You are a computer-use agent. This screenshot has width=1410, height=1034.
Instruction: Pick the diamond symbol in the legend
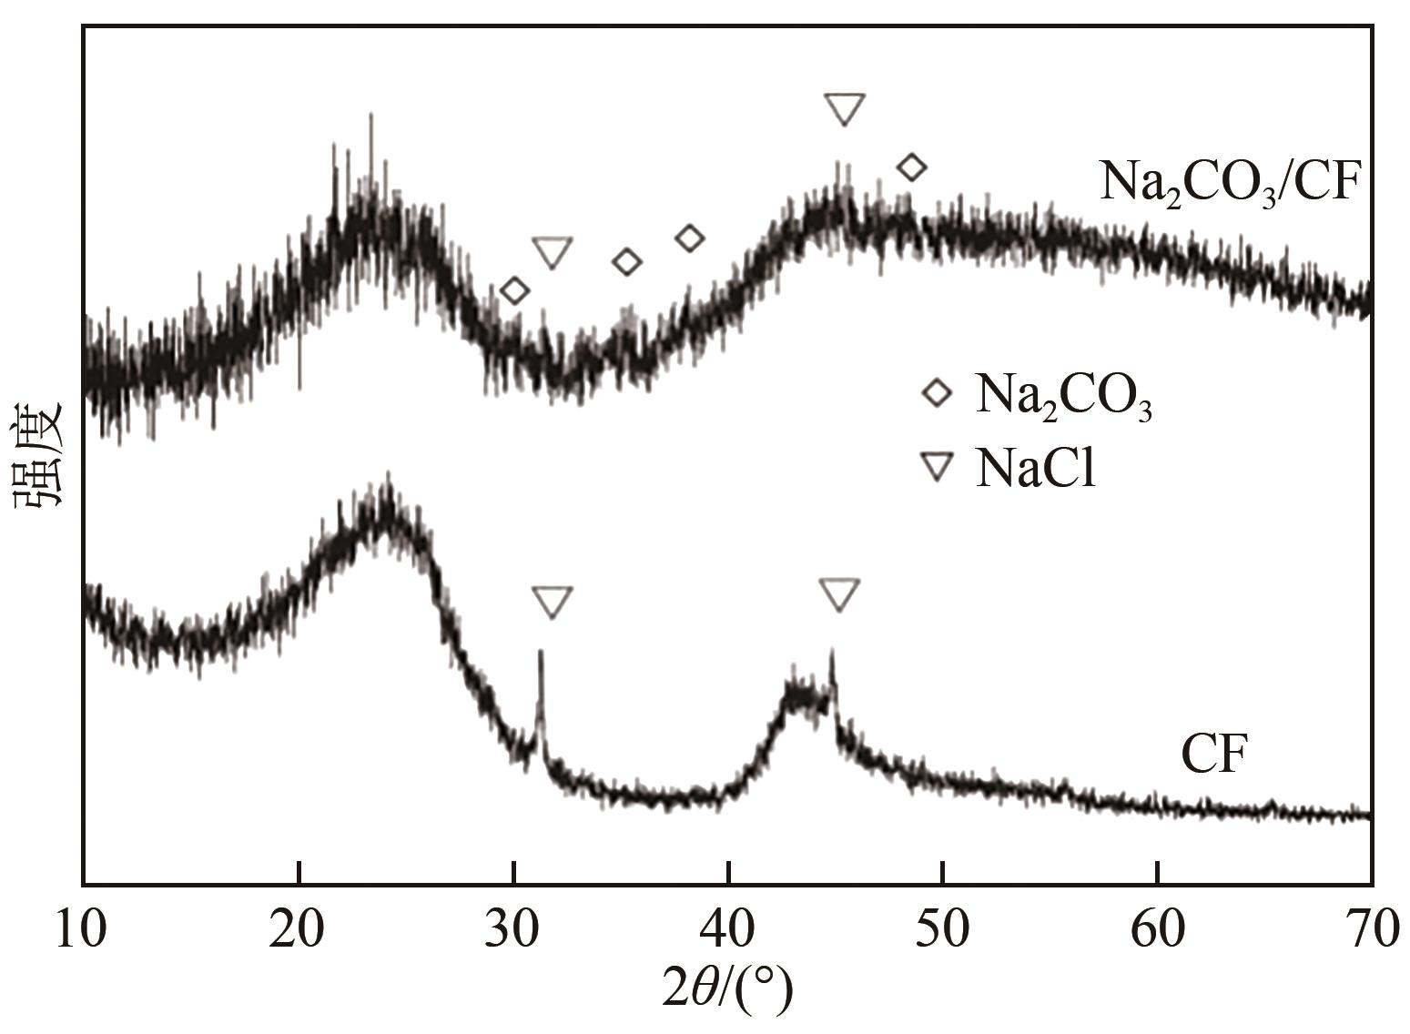click(x=936, y=395)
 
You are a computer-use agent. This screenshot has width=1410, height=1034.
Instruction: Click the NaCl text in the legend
click(x=1035, y=470)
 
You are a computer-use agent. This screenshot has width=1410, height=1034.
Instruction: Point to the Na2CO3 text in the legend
click(x=1063, y=397)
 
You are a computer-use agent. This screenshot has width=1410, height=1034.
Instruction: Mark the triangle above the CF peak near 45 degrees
click(x=838, y=593)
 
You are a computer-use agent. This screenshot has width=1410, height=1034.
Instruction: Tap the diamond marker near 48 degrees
click(x=911, y=167)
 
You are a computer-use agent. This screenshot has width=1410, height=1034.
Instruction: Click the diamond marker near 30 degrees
click(x=515, y=291)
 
